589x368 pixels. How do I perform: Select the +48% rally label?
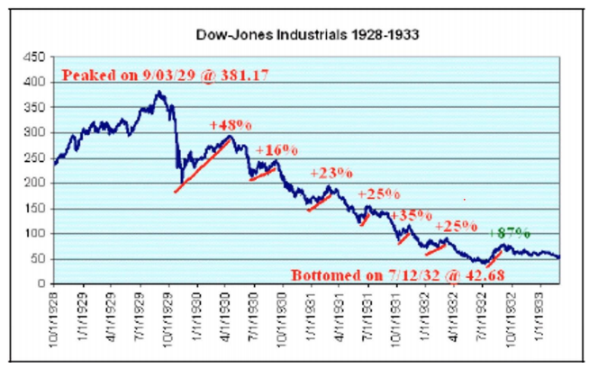coord(228,126)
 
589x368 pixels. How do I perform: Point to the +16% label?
coord(276,150)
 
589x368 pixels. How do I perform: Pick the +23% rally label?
coord(331,173)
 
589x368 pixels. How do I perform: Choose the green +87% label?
coord(509,232)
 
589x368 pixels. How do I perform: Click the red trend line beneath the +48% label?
coord(203,165)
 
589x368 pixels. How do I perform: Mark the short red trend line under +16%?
coord(263,173)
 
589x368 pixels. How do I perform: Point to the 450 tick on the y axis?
coord(35,57)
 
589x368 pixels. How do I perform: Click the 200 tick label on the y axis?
coord(35,183)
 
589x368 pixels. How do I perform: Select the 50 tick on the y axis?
coord(38,258)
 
